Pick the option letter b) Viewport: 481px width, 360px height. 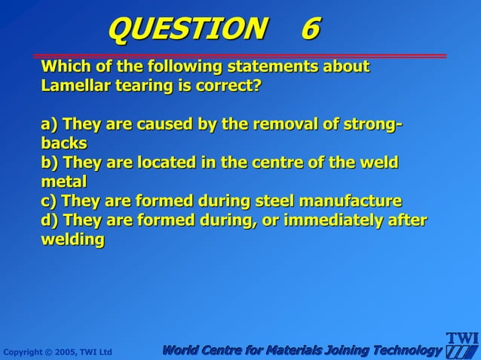coord(50,163)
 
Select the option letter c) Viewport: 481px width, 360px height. coord(49,201)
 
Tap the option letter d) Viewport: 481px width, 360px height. coord(50,220)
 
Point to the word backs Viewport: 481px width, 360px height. coord(63,143)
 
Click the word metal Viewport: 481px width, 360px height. coord(64,182)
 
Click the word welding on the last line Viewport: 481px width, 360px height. coord(72,239)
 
